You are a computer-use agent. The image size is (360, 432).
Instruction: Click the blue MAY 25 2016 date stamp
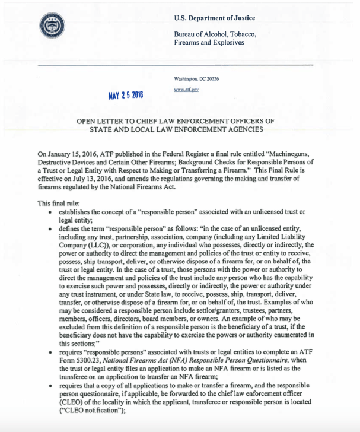126,95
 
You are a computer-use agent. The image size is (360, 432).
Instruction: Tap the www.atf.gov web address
186,90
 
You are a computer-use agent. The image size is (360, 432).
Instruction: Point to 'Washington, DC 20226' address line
196,79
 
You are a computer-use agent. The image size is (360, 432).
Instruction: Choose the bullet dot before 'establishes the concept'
52,212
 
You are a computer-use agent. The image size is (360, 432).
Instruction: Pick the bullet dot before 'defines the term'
52,229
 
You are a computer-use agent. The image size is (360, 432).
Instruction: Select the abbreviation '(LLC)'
101,245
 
